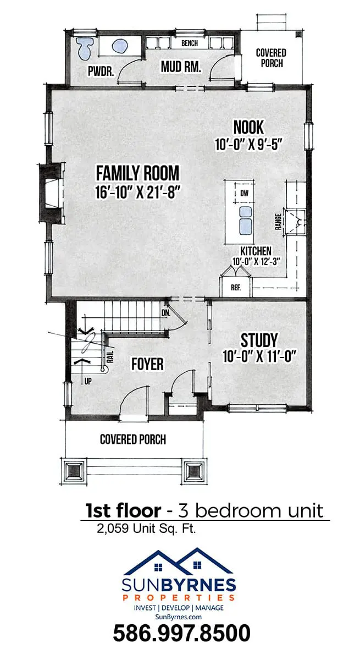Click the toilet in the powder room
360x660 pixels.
pyautogui.click(x=85, y=48)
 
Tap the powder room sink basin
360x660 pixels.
pyautogui.click(x=120, y=46)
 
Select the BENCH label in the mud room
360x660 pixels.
pyautogui.click(x=190, y=43)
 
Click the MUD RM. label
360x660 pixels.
pyautogui.click(x=181, y=67)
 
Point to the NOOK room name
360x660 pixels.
pyautogui.click(x=248, y=127)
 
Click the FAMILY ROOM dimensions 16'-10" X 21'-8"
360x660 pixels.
pyautogui.click(x=137, y=192)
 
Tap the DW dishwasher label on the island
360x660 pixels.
pyautogui.click(x=245, y=193)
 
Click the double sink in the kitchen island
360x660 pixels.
pyautogui.click(x=245, y=221)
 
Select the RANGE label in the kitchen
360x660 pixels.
pyautogui.click(x=278, y=222)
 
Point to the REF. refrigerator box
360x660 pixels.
pyautogui.click(x=236, y=287)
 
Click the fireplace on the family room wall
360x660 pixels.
pyautogui.click(x=52, y=193)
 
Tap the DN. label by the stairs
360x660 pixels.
pyautogui.click(x=166, y=313)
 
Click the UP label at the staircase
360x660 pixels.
pyautogui.click(x=88, y=381)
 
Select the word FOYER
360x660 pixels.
pyautogui.click(x=147, y=364)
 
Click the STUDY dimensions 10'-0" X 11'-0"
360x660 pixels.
pyautogui.click(x=259, y=356)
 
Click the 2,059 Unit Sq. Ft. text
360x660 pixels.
pyautogui.click(x=146, y=529)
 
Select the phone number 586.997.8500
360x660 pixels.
pyautogui.click(x=181, y=633)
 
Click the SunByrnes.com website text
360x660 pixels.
pyautogui.click(x=179, y=617)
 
